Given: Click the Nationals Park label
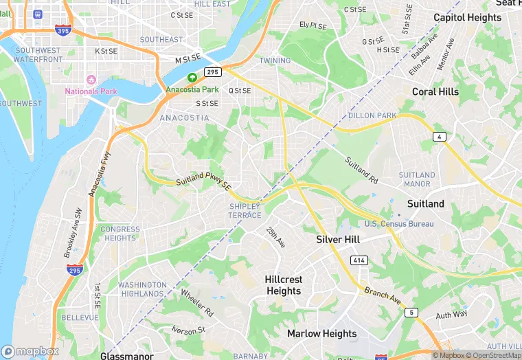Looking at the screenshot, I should [91, 91].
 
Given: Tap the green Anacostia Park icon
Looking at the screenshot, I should [192, 78].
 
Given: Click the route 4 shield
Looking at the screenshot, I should [439, 137].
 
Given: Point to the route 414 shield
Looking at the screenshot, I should [359, 260].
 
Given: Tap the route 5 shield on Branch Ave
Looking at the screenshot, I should [411, 313].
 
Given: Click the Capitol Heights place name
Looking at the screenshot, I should [467, 17].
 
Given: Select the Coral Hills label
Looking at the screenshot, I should [435, 91].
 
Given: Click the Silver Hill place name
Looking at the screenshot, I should [338, 240].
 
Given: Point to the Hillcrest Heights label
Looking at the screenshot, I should [283, 285].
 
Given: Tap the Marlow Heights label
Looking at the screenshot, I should [321, 334].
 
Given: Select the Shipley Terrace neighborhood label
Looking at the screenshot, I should [245, 211].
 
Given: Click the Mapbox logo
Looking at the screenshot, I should [30, 351].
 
